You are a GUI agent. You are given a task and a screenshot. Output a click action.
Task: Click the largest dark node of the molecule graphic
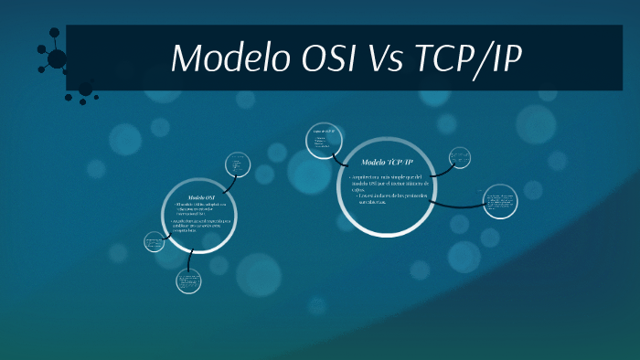[57, 59]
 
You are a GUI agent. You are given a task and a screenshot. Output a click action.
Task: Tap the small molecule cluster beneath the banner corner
[85, 90]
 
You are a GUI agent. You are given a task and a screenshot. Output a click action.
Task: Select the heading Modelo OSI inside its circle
[201, 197]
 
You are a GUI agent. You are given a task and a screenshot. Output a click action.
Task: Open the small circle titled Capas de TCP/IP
[324, 142]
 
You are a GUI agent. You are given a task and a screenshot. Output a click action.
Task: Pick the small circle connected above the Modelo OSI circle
[238, 165]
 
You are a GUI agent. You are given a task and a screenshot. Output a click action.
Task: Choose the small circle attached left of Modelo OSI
[154, 243]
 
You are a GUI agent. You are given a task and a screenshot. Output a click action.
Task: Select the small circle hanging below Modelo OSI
[189, 280]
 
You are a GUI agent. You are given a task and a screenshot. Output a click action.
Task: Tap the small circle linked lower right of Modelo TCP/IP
[499, 201]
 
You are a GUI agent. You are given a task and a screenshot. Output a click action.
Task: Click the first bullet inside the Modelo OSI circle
[201, 211]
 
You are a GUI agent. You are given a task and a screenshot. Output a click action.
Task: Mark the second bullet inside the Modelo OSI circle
[201, 227]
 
